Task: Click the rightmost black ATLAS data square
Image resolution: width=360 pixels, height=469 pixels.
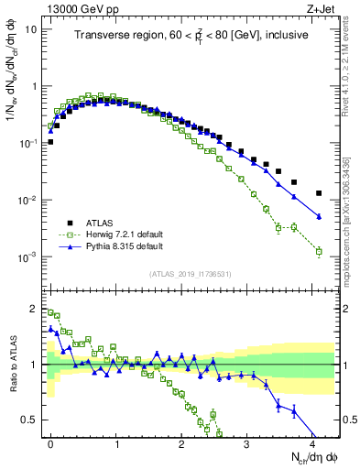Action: click(x=319, y=193)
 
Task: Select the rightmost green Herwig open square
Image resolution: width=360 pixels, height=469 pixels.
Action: click(x=319, y=251)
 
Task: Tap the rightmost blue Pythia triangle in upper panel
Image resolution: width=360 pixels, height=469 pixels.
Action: click(x=319, y=216)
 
